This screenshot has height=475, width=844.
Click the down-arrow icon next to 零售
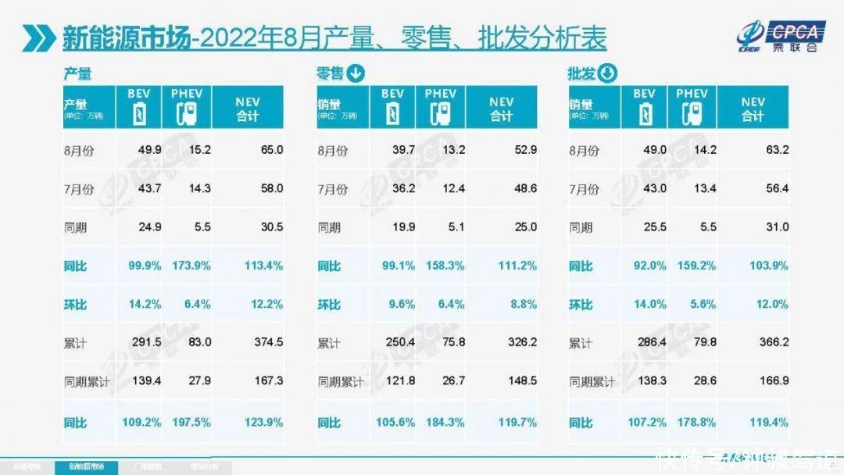(355, 74)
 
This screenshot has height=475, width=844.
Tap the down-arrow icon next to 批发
(607, 74)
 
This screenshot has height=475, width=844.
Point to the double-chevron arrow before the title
(39, 37)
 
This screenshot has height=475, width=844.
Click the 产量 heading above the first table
(77, 74)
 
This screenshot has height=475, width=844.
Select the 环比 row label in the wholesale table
(581, 305)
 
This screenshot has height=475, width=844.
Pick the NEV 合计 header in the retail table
(501, 109)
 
